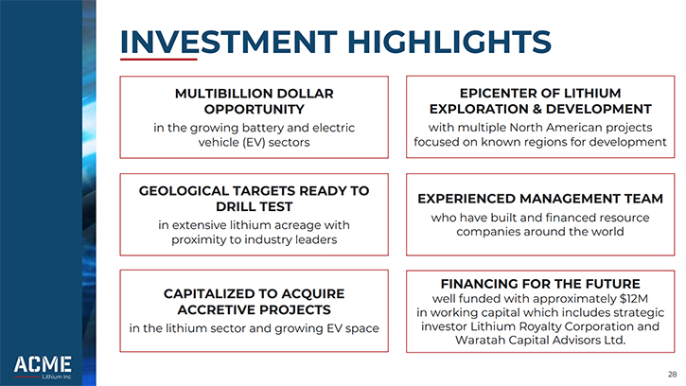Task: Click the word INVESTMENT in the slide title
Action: click(228, 42)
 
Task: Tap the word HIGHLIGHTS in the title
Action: click(449, 42)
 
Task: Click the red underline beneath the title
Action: click(158, 59)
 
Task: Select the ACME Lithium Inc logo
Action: click(43, 367)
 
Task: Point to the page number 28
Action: click(672, 375)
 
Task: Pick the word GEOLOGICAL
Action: click(184, 191)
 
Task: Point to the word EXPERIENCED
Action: click(466, 199)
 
